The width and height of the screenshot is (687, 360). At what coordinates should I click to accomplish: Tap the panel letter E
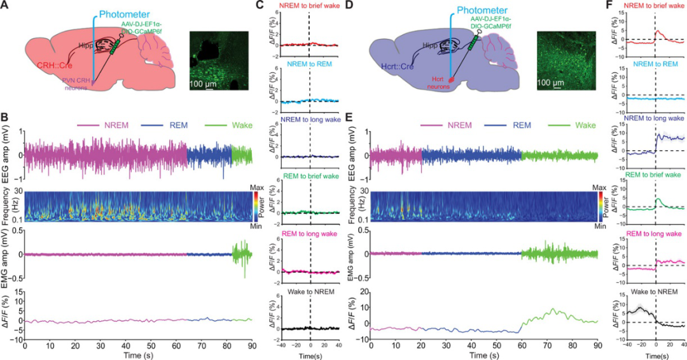(350, 117)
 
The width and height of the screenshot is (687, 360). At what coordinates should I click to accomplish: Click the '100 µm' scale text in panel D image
(558, 83)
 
